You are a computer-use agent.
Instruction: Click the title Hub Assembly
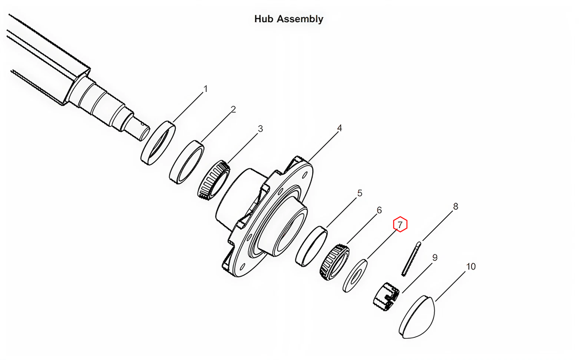click(x=289, y=19)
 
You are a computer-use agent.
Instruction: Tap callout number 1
click(x=206, y=89)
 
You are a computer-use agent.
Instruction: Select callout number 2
click(x=233, y=110)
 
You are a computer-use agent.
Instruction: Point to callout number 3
click(x=261, y=129)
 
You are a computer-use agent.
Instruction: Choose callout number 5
click(x=359, y=193)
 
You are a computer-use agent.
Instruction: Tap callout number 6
click(x=379, y=210)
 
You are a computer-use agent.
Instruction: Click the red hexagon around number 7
click(x=400, y=224)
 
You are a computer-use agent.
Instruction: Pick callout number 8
click(x=455, y=207)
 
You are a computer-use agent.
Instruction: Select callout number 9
click(x=435, y=258)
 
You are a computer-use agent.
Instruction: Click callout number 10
click(x=471, y=266)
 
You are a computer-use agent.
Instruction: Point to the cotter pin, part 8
click(x=411, y=259)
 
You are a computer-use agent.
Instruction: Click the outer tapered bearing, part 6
click(x=333, y=262)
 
